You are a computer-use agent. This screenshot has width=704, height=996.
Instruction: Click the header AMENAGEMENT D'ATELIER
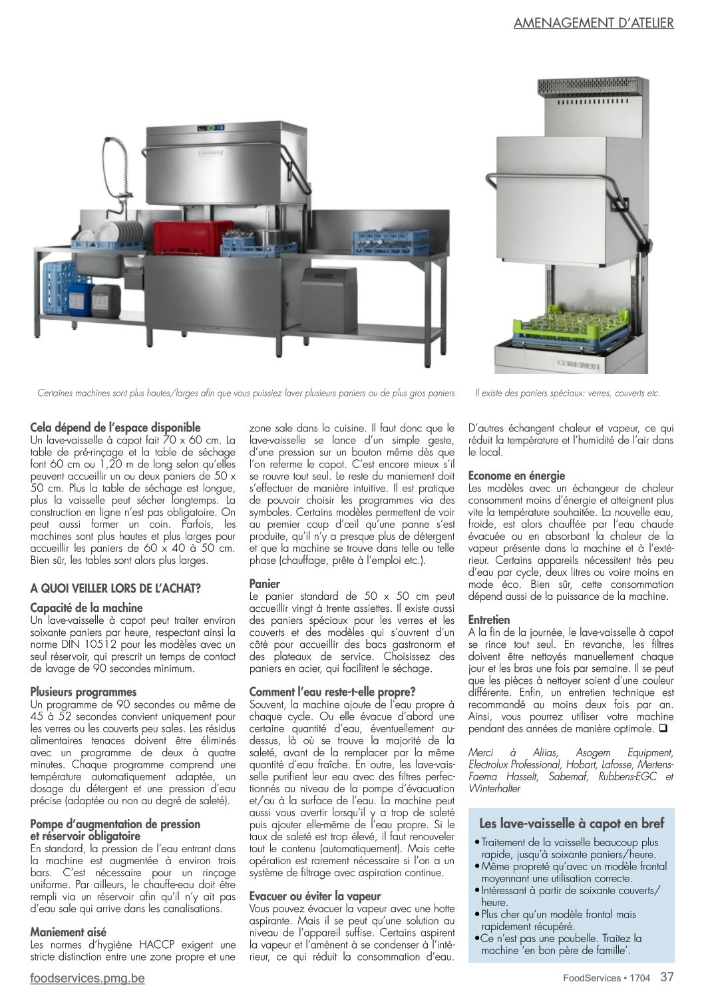click(594, 23)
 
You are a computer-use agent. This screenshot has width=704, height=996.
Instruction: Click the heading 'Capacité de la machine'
click(87, 607)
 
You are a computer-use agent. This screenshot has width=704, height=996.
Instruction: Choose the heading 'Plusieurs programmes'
click(83, 692)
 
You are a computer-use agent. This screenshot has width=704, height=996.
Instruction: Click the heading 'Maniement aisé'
click(69, 931)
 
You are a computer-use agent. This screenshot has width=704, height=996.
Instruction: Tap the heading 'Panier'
click(264, 583)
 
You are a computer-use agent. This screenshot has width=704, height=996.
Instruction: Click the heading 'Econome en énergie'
click(516, 475)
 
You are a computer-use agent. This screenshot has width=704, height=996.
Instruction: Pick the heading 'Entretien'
click(489, 619)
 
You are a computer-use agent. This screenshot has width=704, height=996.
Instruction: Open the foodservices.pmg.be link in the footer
click(88, 978)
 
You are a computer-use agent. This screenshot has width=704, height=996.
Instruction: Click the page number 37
click(667, 977)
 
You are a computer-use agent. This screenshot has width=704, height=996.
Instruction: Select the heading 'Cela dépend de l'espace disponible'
click(115, 427)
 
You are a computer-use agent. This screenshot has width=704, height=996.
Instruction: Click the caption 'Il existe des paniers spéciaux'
click(568, 393)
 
